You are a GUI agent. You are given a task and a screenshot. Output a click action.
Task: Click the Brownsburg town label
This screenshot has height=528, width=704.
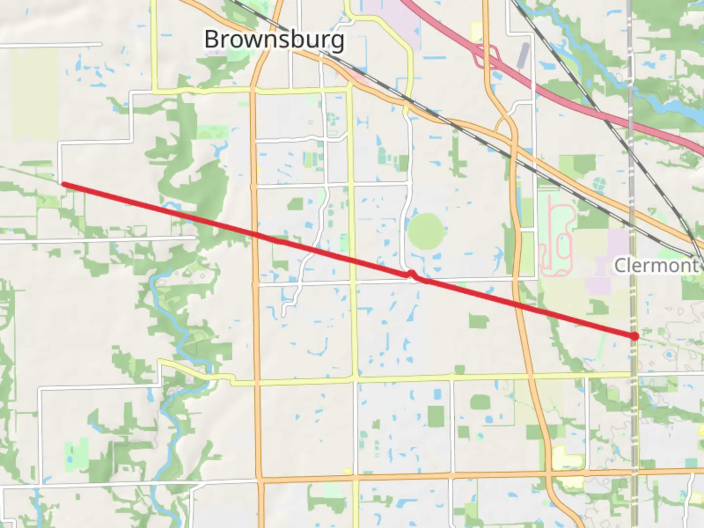[x=274, y=39]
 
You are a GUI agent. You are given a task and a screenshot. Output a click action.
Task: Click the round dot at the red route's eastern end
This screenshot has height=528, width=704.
[x=635, y=336]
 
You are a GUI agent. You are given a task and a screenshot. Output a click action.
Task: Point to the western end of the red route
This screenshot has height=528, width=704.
[x=64, y=184]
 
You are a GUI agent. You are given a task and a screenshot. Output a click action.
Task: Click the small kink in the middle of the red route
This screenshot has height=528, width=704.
[x=412, y=275]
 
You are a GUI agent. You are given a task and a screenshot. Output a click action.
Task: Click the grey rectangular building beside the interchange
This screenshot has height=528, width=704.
[x=523, y=55]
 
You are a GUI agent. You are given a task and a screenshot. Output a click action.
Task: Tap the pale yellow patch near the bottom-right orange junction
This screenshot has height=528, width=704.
[x=567, y=460]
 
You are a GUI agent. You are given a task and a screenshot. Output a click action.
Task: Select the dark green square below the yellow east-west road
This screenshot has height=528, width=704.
[x=436, y=416]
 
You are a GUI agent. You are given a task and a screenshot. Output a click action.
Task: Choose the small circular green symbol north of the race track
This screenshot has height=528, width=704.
[x=599, y=184]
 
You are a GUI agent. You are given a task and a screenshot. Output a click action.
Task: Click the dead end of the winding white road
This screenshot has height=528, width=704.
[x=284, y=315]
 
